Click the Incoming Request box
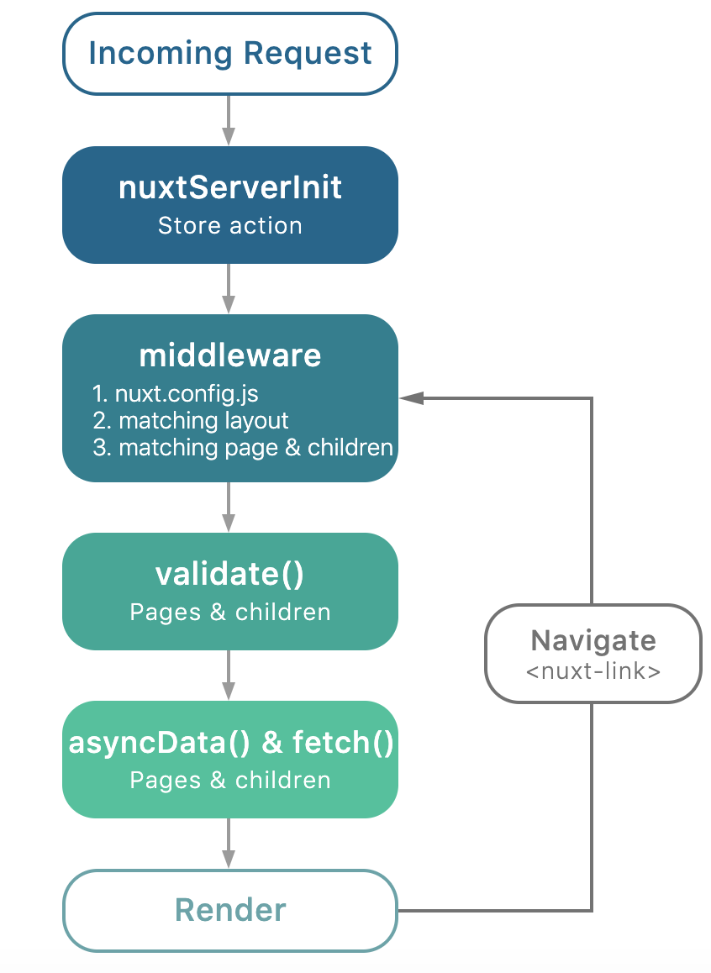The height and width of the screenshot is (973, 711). click(x=229, y=53)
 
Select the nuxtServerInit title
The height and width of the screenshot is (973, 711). click(x=229, y=187)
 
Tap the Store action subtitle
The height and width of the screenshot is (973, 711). click(x=229, y=225)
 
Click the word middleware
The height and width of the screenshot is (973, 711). click(x=229, y=355)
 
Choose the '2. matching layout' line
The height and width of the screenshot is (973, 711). click(x=191, y=420)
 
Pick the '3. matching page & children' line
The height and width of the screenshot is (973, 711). click(x=243, y=447)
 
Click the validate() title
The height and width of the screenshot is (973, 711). click(x=229, y=574)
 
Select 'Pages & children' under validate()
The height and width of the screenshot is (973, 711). click(x=229, y=612)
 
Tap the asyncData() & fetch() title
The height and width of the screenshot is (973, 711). click(x=229, y=743)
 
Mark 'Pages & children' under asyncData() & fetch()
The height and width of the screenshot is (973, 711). click(x=229, y=780)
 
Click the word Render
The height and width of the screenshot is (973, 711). click(x=229, y=910)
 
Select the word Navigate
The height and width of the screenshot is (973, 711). click(x=593, y=641)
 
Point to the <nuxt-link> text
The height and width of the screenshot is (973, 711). click(x=593, y=671)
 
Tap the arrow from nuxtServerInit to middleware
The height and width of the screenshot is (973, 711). click(x=229, y=289)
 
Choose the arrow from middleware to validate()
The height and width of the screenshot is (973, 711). click(x=229, y=508)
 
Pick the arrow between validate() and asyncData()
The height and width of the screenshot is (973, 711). click(x=229, y=676)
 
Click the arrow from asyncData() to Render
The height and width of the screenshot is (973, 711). click(x=229, y=844)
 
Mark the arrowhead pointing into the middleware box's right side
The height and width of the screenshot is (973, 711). click(x=411, y=398)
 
